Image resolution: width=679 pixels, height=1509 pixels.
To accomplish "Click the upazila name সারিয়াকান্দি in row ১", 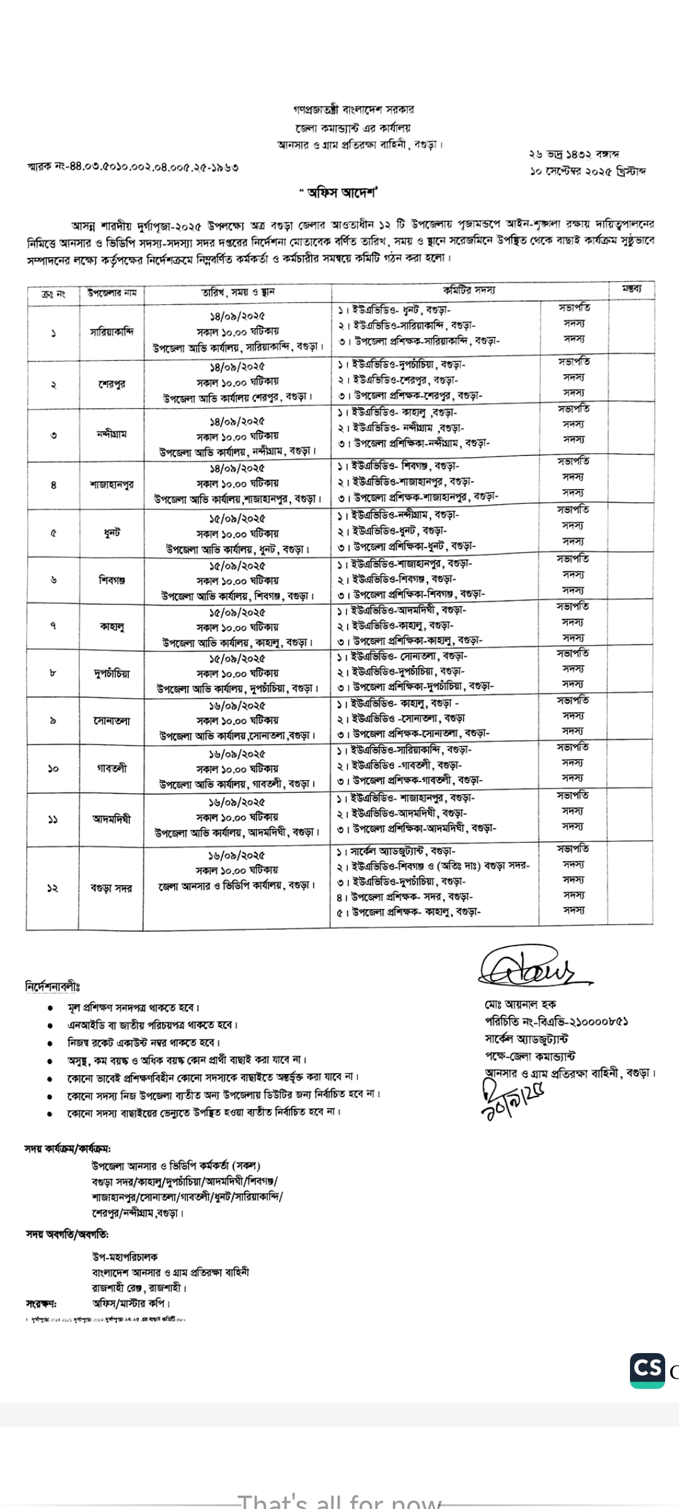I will click(x=111, y=332).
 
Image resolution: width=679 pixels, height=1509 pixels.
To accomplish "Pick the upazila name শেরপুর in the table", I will click(x=111, y=384).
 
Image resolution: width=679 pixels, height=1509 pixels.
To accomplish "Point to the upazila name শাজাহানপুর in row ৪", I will click(x=111, y=485).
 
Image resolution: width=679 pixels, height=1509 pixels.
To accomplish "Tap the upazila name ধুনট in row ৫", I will click(x=111, y=533).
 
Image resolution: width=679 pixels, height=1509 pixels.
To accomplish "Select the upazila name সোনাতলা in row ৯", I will click(x=111, y=721).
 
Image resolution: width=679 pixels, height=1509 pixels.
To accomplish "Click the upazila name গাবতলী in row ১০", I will click(x=111, y=768).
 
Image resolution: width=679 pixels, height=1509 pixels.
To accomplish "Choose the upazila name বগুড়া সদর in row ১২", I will click(x=111, y=888).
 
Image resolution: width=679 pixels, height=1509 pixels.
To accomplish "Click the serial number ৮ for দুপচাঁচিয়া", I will click(x=53, y=673).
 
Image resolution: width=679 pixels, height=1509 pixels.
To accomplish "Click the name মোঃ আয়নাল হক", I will click(x=520, y=1004).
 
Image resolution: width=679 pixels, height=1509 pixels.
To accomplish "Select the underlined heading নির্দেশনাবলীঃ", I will click(x=53, y=986).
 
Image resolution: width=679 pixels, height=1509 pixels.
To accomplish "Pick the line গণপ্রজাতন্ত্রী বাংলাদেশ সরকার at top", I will click(x=353, y=110).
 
